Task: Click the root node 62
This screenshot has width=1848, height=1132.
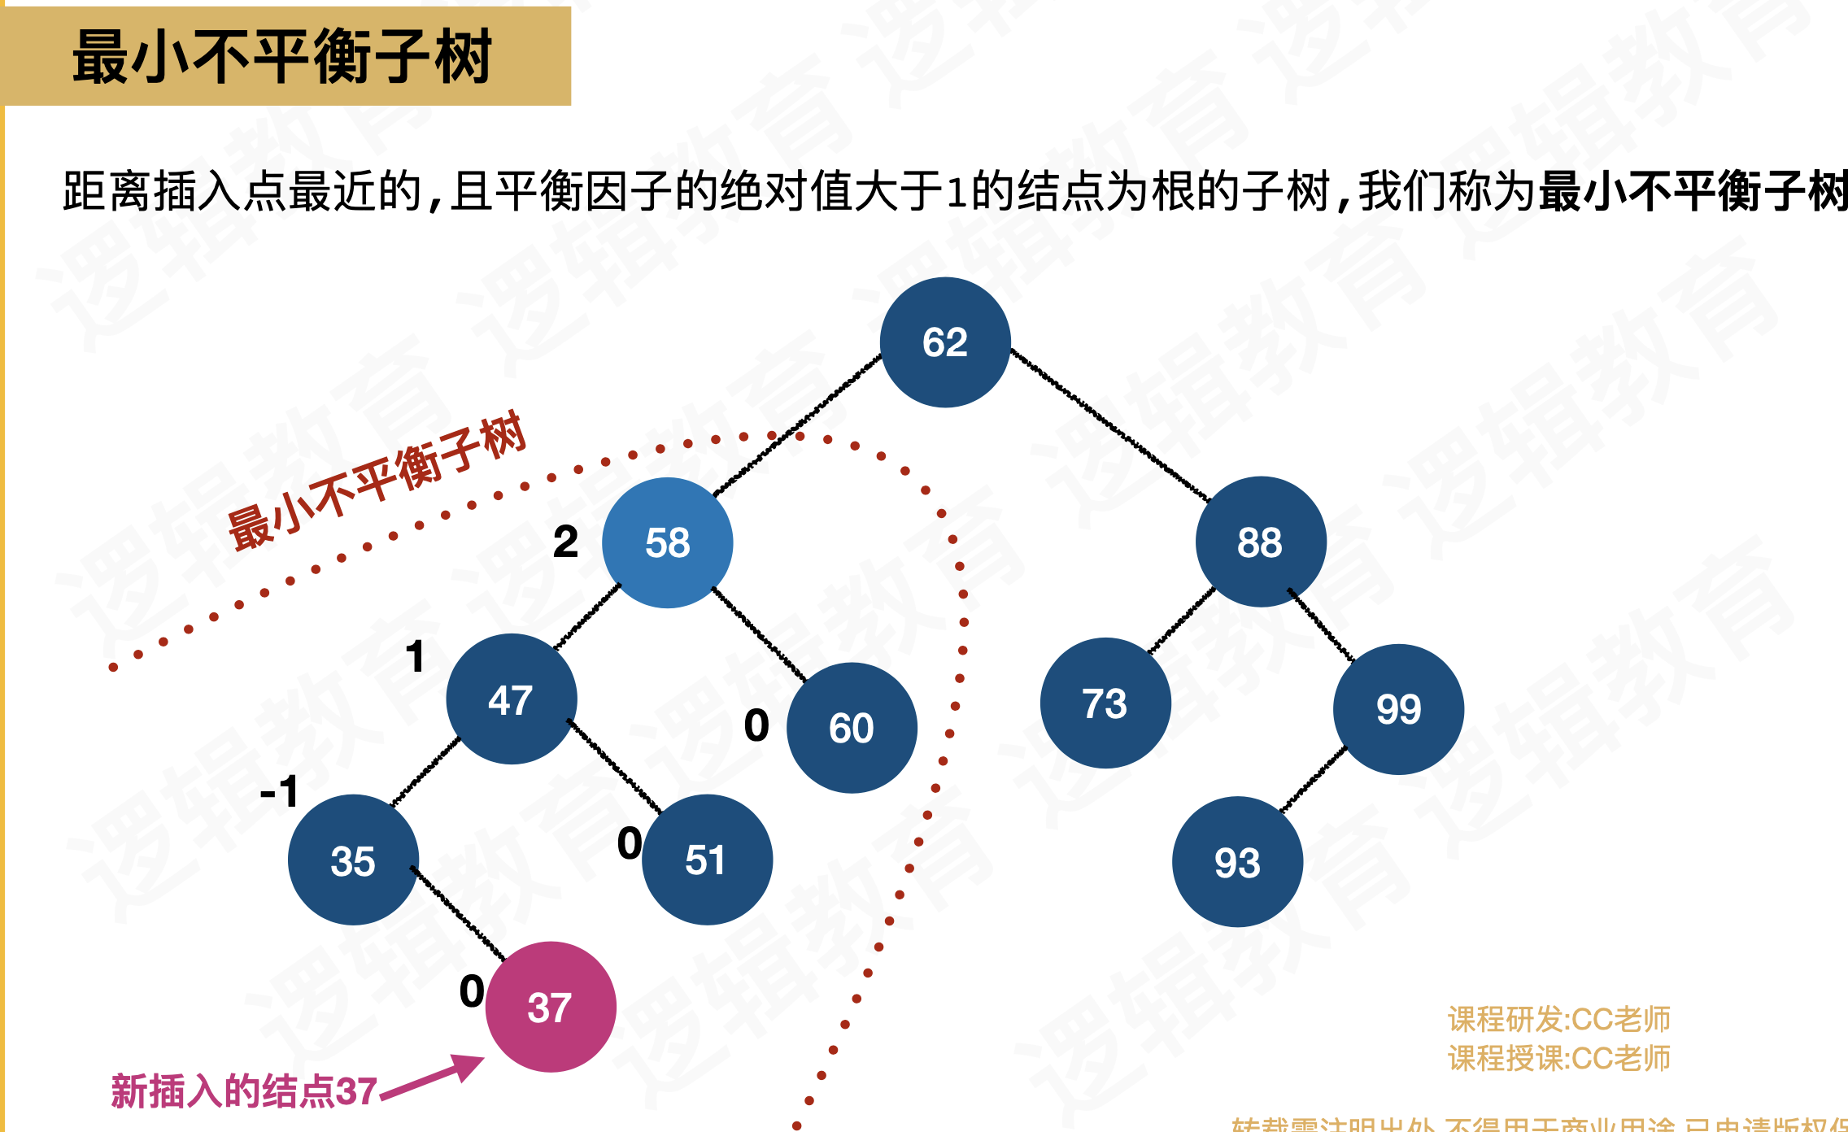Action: (x=945, y=342)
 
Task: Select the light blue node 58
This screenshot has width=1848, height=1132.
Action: (x=667, y=542)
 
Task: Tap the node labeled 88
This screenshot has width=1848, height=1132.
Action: (x=1260, y=542)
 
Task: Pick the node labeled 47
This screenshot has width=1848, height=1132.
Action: (x=511, y=699)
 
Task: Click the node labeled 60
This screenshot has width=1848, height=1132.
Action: (x=852, y=728)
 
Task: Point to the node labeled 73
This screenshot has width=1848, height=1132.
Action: (x=1105, y=703)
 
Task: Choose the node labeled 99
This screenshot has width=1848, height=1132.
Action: (x=1398, y=709)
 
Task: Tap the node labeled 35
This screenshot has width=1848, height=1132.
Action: (x=353, y=860)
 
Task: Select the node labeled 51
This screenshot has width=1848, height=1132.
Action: (x=706, y=860)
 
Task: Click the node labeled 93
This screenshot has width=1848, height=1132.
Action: (x=1237, y=862)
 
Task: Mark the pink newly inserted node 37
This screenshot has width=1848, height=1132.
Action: (x=551, y=1007)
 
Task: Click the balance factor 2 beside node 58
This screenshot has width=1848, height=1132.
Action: (x=565, y=542)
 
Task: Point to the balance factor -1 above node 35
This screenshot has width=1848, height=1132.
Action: (x=279, y=790)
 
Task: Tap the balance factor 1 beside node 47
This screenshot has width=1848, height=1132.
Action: (x=416, y=656)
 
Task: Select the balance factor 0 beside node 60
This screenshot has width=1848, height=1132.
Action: (x=756, y=725)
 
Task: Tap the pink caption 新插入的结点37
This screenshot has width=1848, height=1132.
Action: (x=244, y=1091)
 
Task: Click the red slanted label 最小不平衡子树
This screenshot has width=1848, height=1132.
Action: (x=377, y=481)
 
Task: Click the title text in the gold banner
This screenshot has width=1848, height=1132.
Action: (x=282, y=56)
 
